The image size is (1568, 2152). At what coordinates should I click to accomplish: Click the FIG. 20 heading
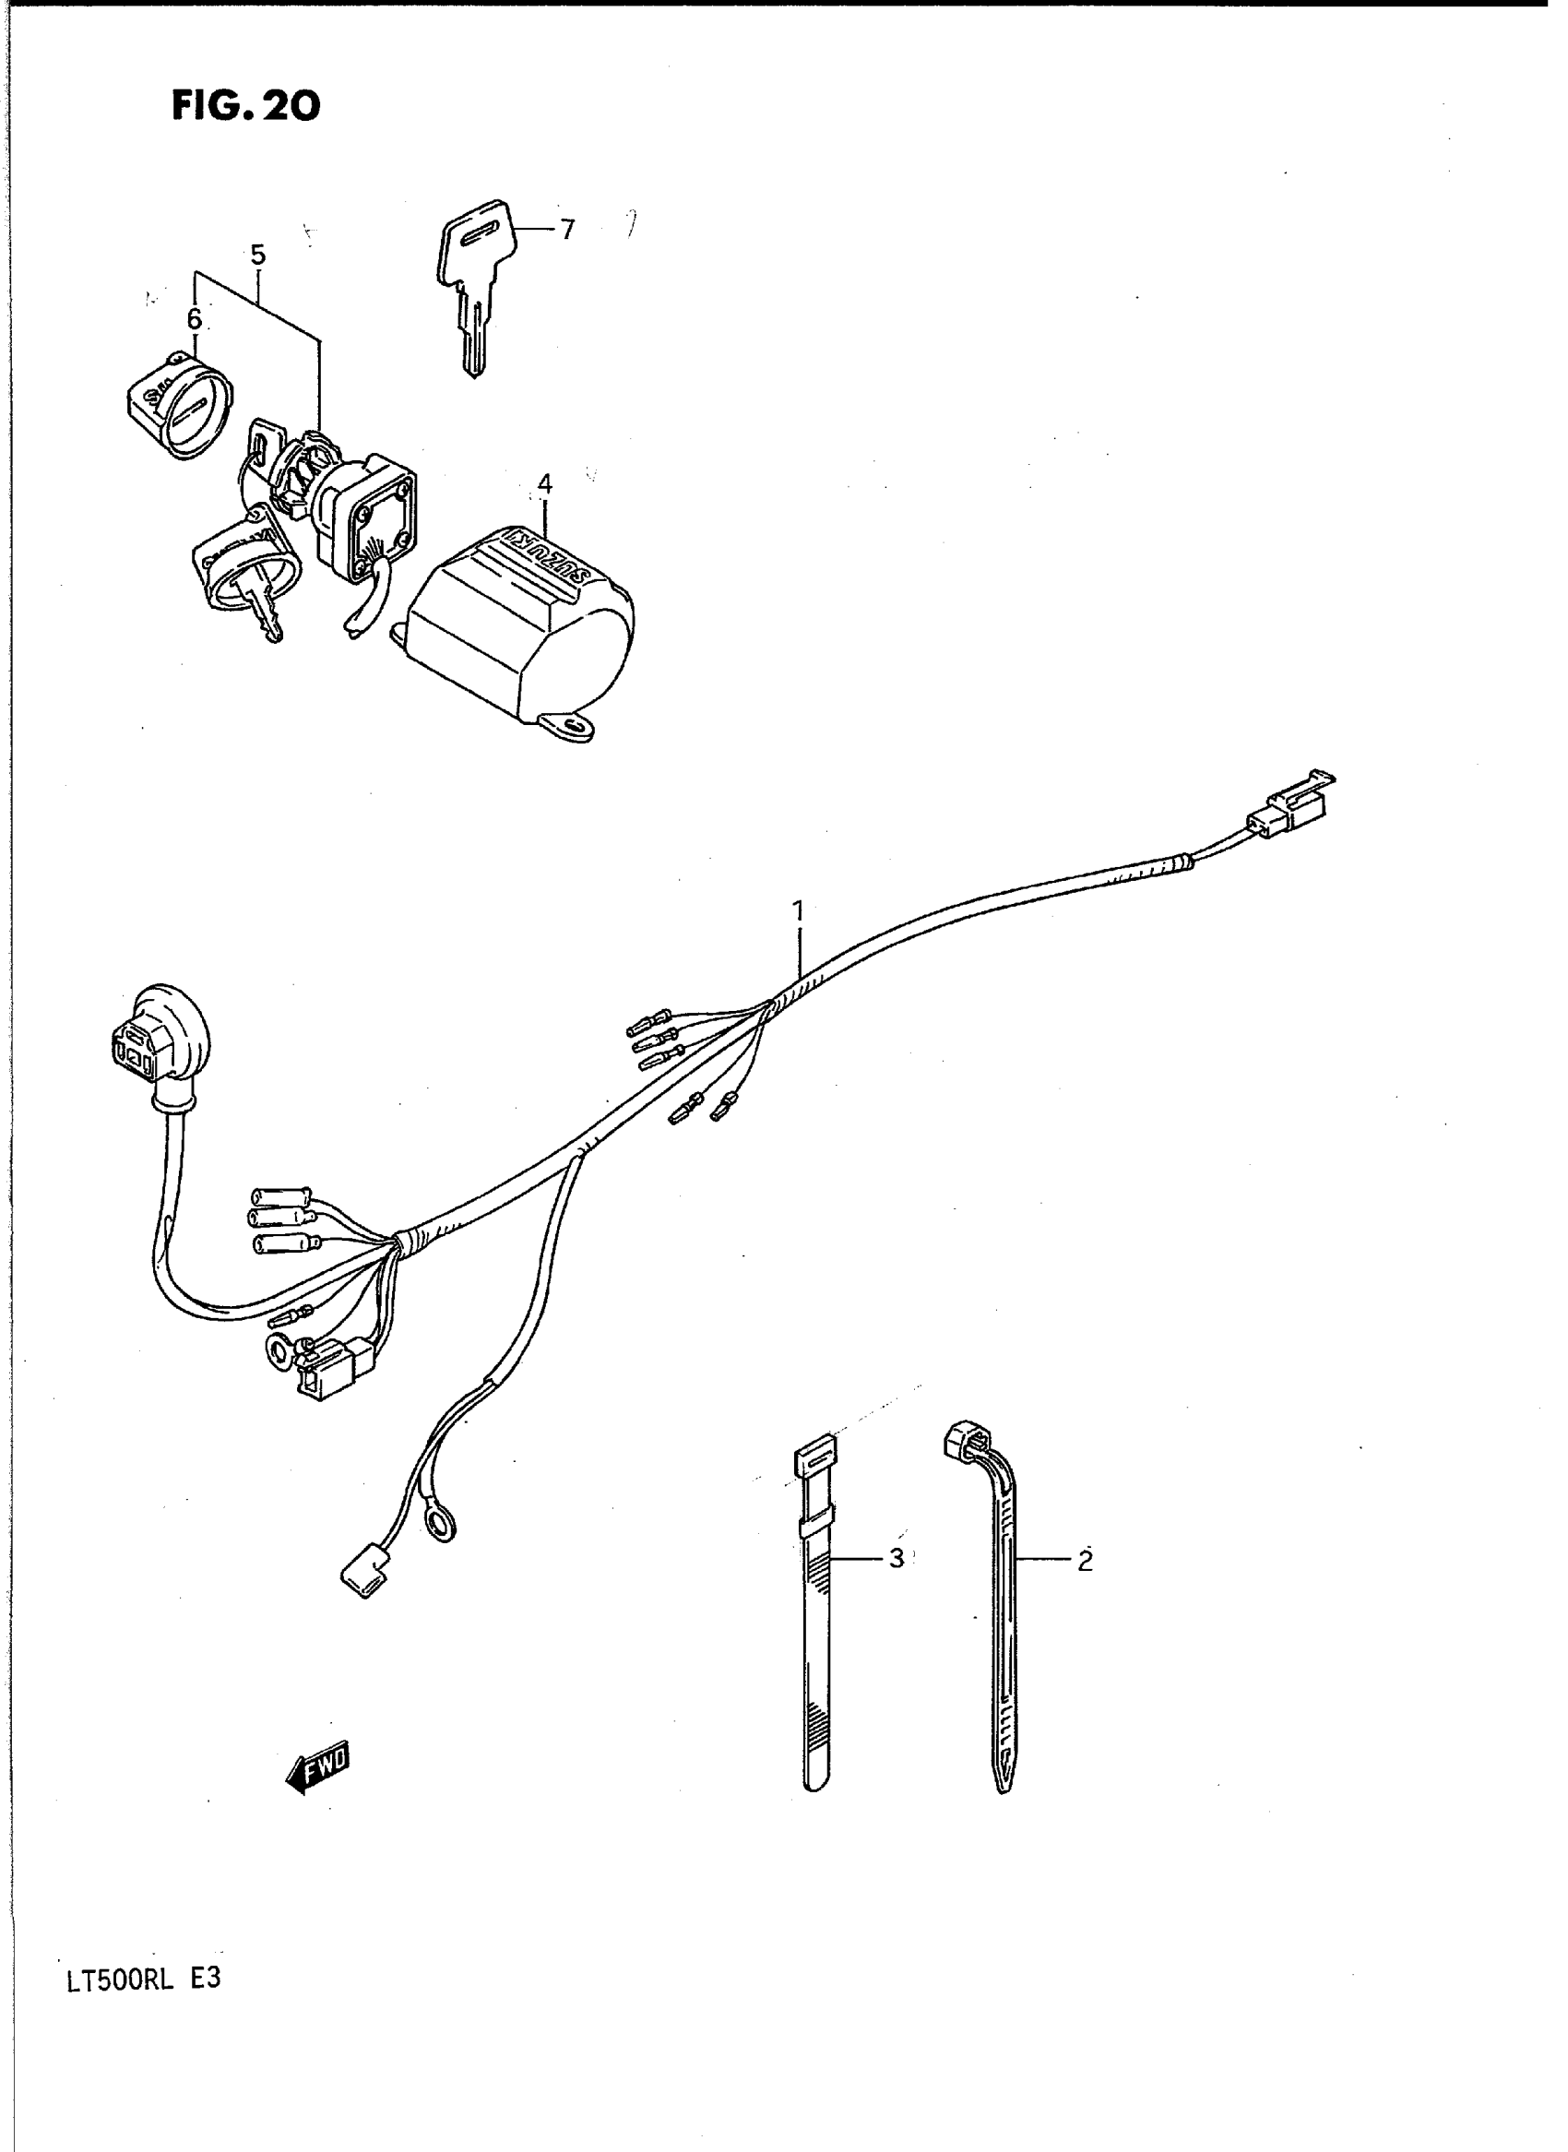click(246, 105)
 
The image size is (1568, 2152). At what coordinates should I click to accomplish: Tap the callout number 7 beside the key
click(566, 230)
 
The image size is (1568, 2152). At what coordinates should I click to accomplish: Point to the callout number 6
click(194, 319)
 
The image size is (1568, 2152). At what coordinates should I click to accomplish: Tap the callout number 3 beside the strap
click(896, 1558)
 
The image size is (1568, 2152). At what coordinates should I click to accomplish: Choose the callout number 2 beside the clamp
click(1085, 1560)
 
